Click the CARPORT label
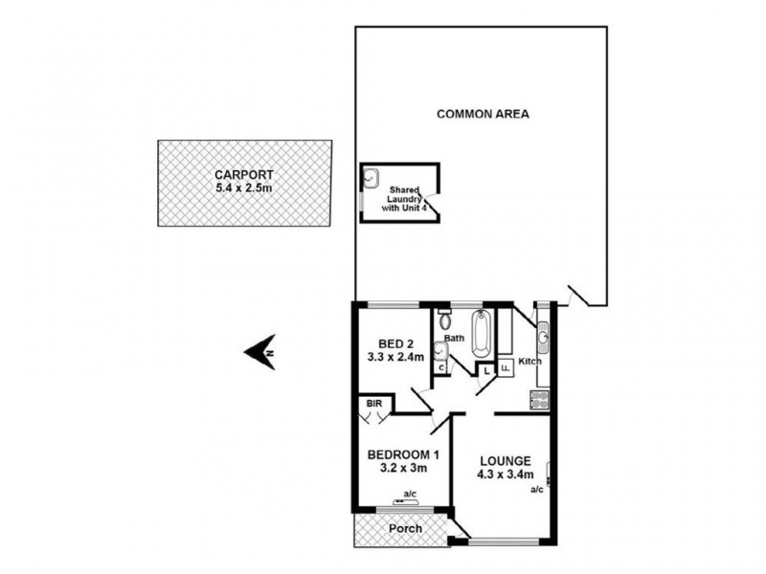coord(244,175)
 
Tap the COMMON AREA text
coord(483,114)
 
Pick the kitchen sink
coord(543,335)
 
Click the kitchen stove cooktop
coord(541,400)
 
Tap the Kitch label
coord(529,362)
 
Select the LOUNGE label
coord(505,459)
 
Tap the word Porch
coord(403,528)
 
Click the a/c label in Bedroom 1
coord(410,494)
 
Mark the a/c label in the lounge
coord(536,490)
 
